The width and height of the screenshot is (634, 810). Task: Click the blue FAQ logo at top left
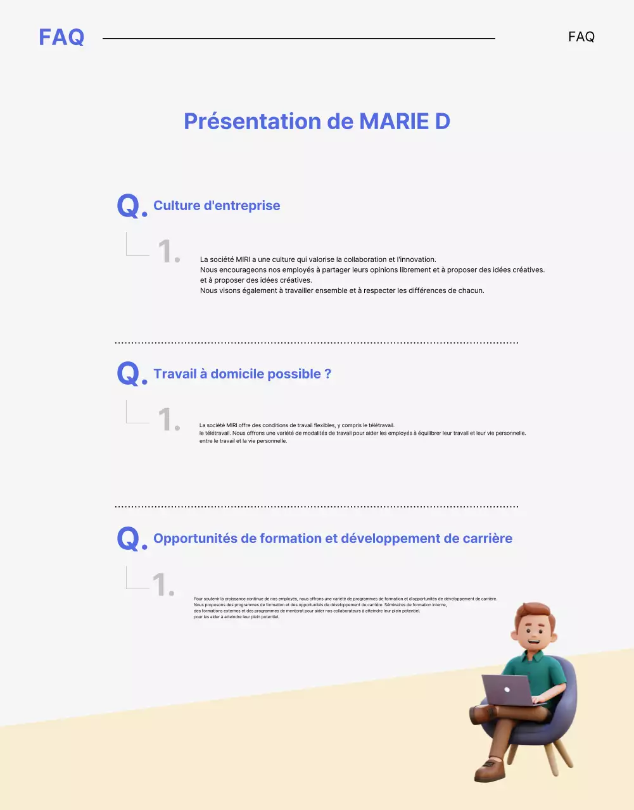[x=61, y=37]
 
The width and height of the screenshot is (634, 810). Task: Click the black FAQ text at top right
[x=581, y=37]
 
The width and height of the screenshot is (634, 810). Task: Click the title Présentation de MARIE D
[x=317, y=121]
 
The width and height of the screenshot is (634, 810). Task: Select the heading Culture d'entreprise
[x=217, y=206]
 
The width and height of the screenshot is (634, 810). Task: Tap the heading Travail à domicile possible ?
[x=242, y=374]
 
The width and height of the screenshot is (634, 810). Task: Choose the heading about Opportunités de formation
[x=333, y=539]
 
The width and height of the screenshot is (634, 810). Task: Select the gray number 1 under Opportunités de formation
[x=162, y=585]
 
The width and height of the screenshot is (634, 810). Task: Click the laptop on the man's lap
[x=508, y=690]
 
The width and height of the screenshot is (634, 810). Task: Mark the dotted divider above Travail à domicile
[x=317, y=342]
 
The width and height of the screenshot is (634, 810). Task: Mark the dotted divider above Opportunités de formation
[x=317, y=507]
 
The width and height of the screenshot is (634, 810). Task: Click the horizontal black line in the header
[x=298, y=39]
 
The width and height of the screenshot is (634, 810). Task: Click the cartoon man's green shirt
[x=545, y=671]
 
